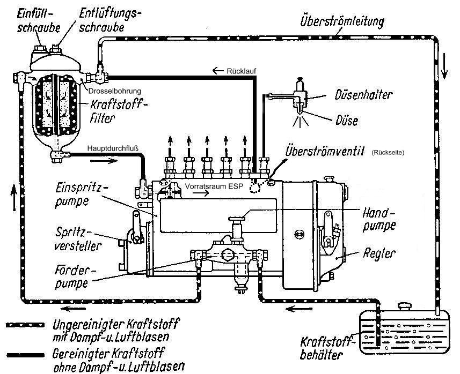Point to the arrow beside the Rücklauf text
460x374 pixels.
click(x=217, y=71)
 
